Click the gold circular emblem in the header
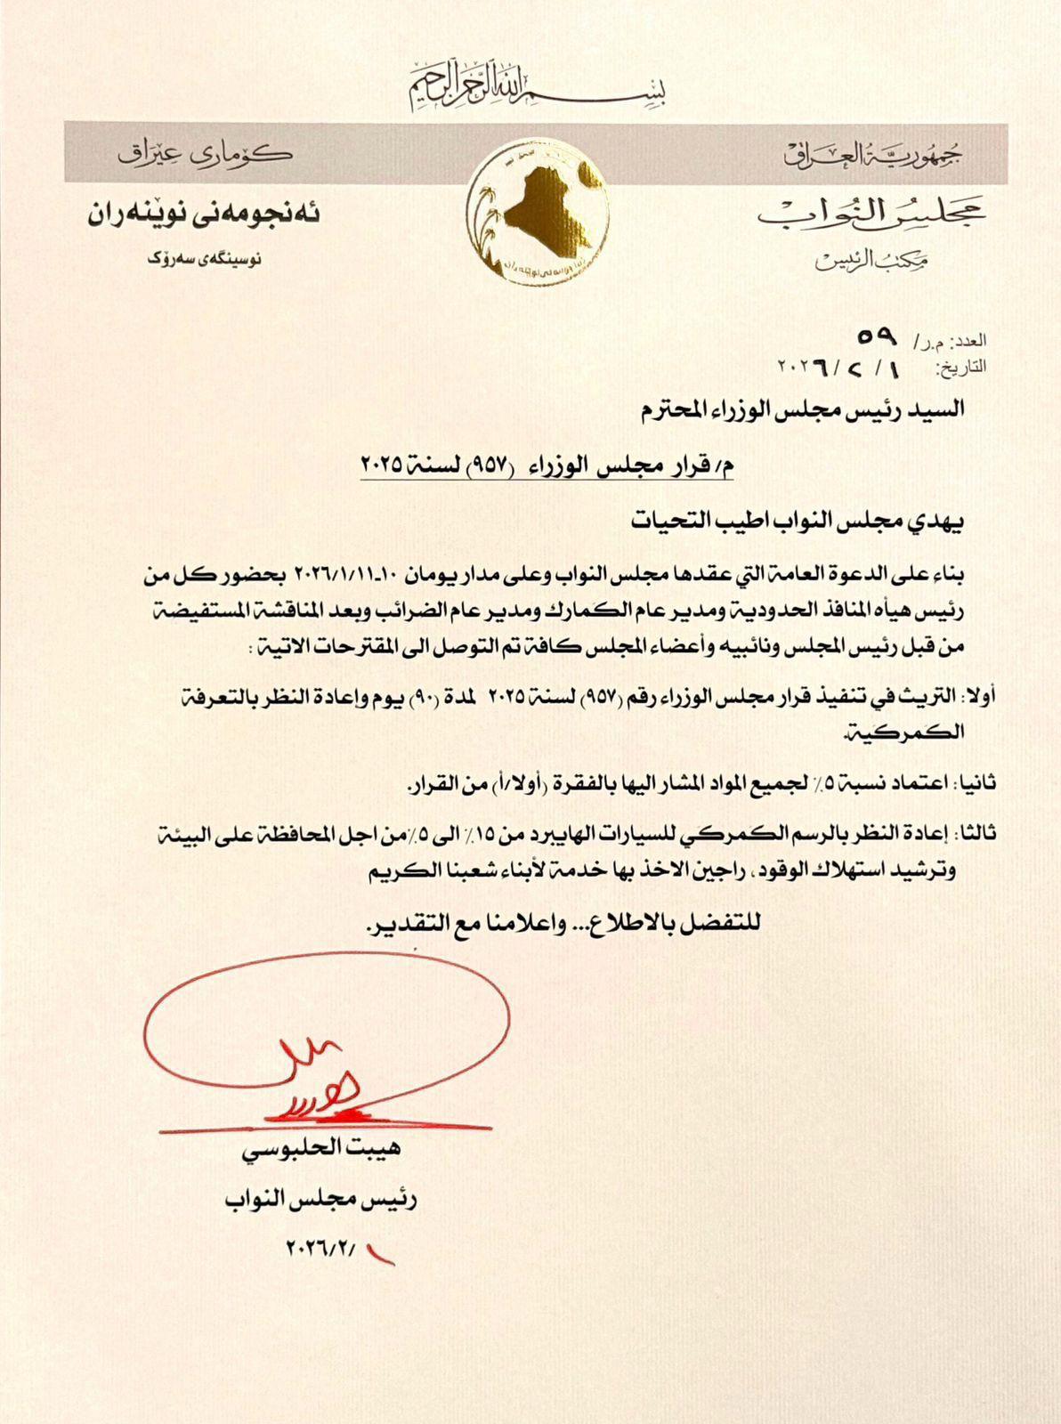point(538,213)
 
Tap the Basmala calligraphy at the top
point(537,84)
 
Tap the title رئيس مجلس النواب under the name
point(321,1199)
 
